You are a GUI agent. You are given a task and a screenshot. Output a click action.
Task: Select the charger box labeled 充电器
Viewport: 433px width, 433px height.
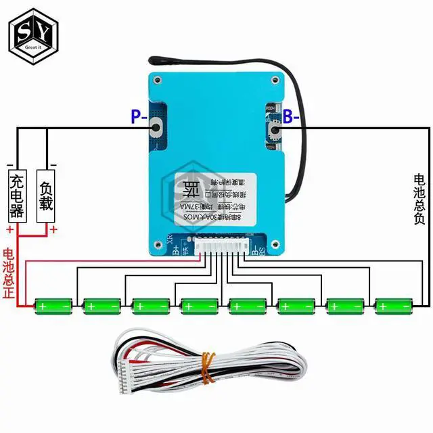pos(17,196)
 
